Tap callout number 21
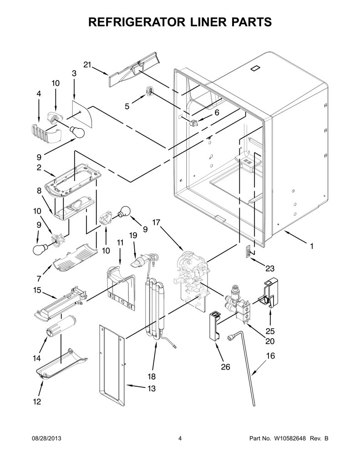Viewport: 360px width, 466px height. pos(87,65)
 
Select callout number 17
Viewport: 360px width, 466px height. pos(157,222)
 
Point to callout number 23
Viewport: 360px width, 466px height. pos(269,268)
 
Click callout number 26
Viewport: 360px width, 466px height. pos(226,367)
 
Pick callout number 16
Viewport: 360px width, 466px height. pos(270,355)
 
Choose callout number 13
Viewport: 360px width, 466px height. pos(152,389)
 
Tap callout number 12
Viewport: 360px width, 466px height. pos(37,401)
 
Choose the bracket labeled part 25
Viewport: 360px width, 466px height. pos(269,293)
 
